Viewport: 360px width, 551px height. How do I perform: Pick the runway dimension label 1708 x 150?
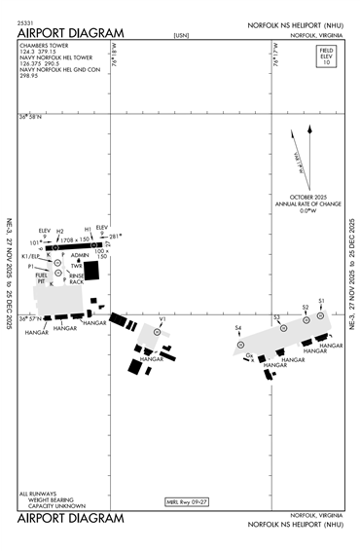(74, 239)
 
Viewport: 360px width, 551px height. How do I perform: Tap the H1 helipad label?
(88, 230)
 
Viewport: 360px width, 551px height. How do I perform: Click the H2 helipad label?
(59, 232)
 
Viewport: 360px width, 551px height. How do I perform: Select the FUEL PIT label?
(41, 278)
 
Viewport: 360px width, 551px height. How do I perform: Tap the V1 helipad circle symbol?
(162, 328)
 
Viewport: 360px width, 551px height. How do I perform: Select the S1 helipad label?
(321, 302)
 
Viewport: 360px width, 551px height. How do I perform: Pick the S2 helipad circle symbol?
(305, 317)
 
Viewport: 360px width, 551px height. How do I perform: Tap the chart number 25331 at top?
(26, 19)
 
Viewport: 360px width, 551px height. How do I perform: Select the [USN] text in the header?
(180, 35)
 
